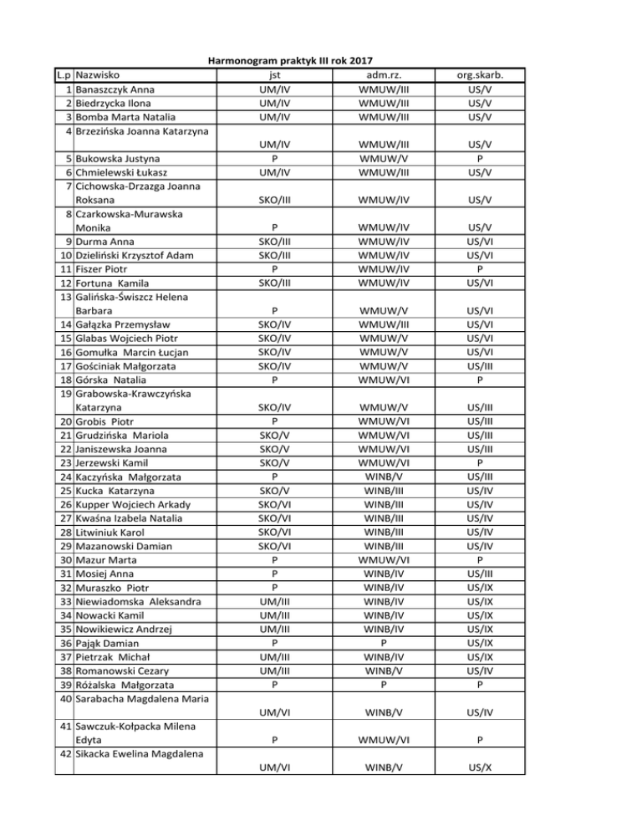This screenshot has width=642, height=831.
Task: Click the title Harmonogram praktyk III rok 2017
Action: (289, 60)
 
